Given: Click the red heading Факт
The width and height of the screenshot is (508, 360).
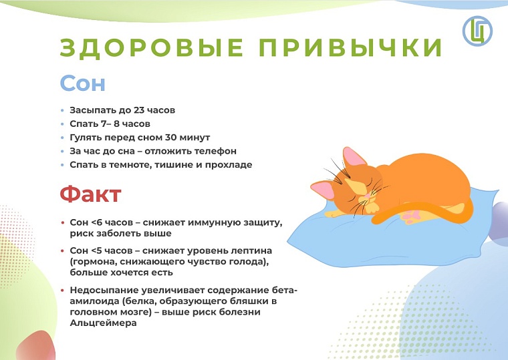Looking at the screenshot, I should pyautogui.click(x=90, y=194).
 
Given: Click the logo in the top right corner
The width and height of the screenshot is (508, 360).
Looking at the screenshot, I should pyautogui.click(x=477, y=30).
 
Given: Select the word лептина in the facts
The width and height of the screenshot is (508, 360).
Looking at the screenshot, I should pyautogui.click(x=230, y=250).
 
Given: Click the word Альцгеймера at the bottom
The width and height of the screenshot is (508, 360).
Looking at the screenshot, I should pyautogui.click(x=104, y=323).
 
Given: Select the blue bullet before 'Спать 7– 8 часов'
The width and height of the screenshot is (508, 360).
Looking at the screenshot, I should pyautogui.click(x=63, y=124).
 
